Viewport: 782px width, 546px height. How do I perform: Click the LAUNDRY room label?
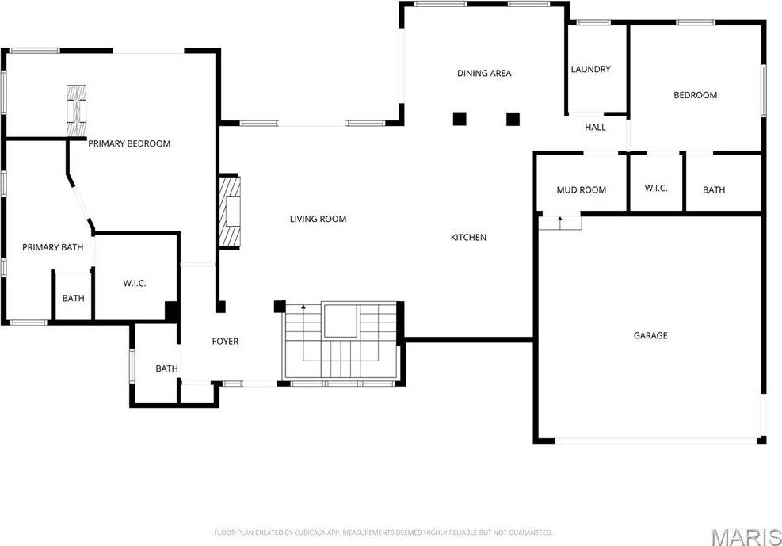[590, 69]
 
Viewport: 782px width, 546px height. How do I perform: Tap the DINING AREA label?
[484, 73]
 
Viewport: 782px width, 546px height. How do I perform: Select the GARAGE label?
[650, 335]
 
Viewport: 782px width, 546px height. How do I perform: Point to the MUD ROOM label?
[582, 190]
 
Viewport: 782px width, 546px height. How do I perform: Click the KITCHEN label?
[468, 238]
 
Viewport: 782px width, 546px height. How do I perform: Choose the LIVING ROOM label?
[319, 219]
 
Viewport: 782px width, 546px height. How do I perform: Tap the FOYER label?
[226, 342]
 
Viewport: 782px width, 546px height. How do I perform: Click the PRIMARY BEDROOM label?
[129, 143]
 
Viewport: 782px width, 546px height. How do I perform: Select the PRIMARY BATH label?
[53, 247]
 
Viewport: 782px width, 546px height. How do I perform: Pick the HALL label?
[596, 128]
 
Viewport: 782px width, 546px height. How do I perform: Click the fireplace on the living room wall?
[230, 212]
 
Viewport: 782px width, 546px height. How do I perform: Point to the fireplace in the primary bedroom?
[77, 111]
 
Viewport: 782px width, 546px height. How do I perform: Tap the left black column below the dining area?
[460, 119]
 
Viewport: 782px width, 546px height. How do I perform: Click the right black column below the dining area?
[513, 119]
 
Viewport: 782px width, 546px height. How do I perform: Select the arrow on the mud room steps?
[560, 223]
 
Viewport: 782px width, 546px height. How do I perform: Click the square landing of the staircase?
[341, 321]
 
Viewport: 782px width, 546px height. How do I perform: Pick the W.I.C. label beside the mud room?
[656, 189]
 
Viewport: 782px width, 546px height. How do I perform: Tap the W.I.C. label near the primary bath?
[135, 284]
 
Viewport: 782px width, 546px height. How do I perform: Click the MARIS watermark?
[746, 537]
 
